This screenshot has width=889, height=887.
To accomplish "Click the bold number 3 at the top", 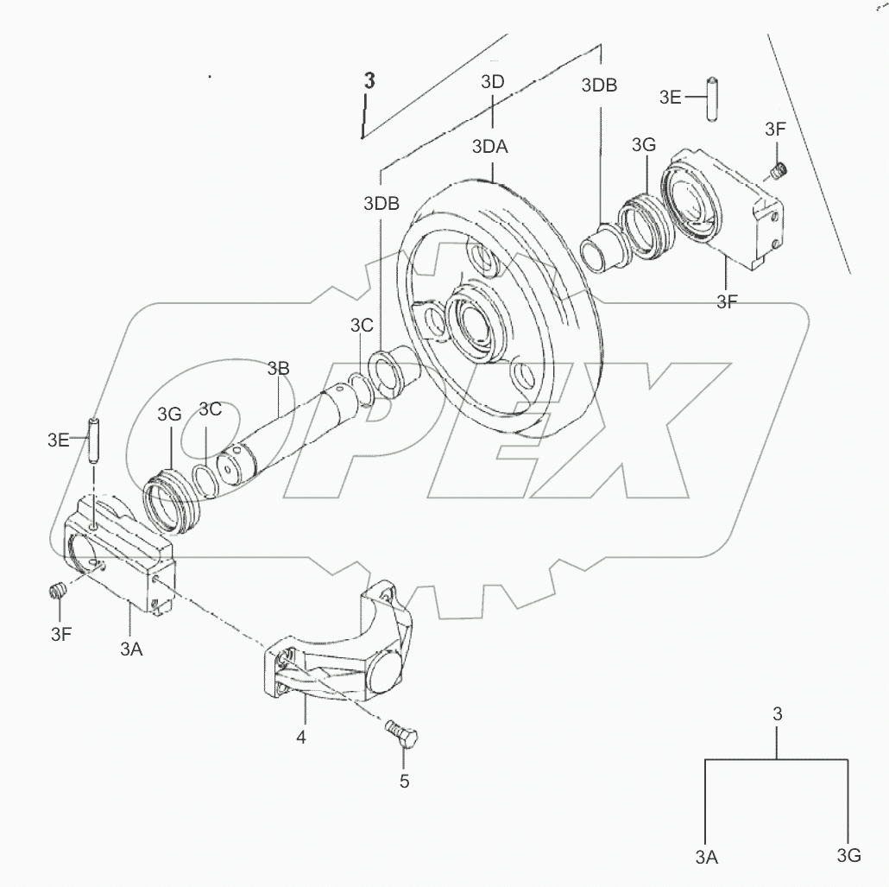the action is click(369, 80).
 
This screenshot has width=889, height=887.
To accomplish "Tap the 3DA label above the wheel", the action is click(490, 147).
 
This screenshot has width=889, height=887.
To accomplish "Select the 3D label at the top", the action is click(492, 82).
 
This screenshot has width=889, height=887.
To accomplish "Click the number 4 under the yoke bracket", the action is click(301, 738).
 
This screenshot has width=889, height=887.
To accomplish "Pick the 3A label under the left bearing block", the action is click(131, 649).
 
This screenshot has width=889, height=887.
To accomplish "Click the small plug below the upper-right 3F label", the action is click(779, 169).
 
